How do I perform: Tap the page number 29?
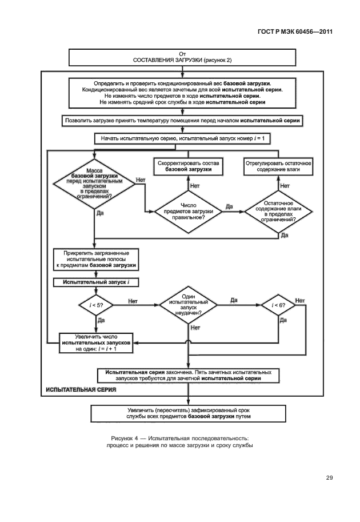point(329,477)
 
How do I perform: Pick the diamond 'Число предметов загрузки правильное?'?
point(189,211)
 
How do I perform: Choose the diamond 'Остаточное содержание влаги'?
point(277,211)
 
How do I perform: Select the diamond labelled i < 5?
point(93,305)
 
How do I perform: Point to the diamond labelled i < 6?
point(278,305)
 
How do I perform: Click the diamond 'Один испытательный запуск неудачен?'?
point(189,305)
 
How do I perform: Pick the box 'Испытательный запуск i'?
point(96,282)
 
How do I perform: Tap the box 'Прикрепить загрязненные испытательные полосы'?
point(96,259)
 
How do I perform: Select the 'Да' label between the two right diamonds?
point(229,206)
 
